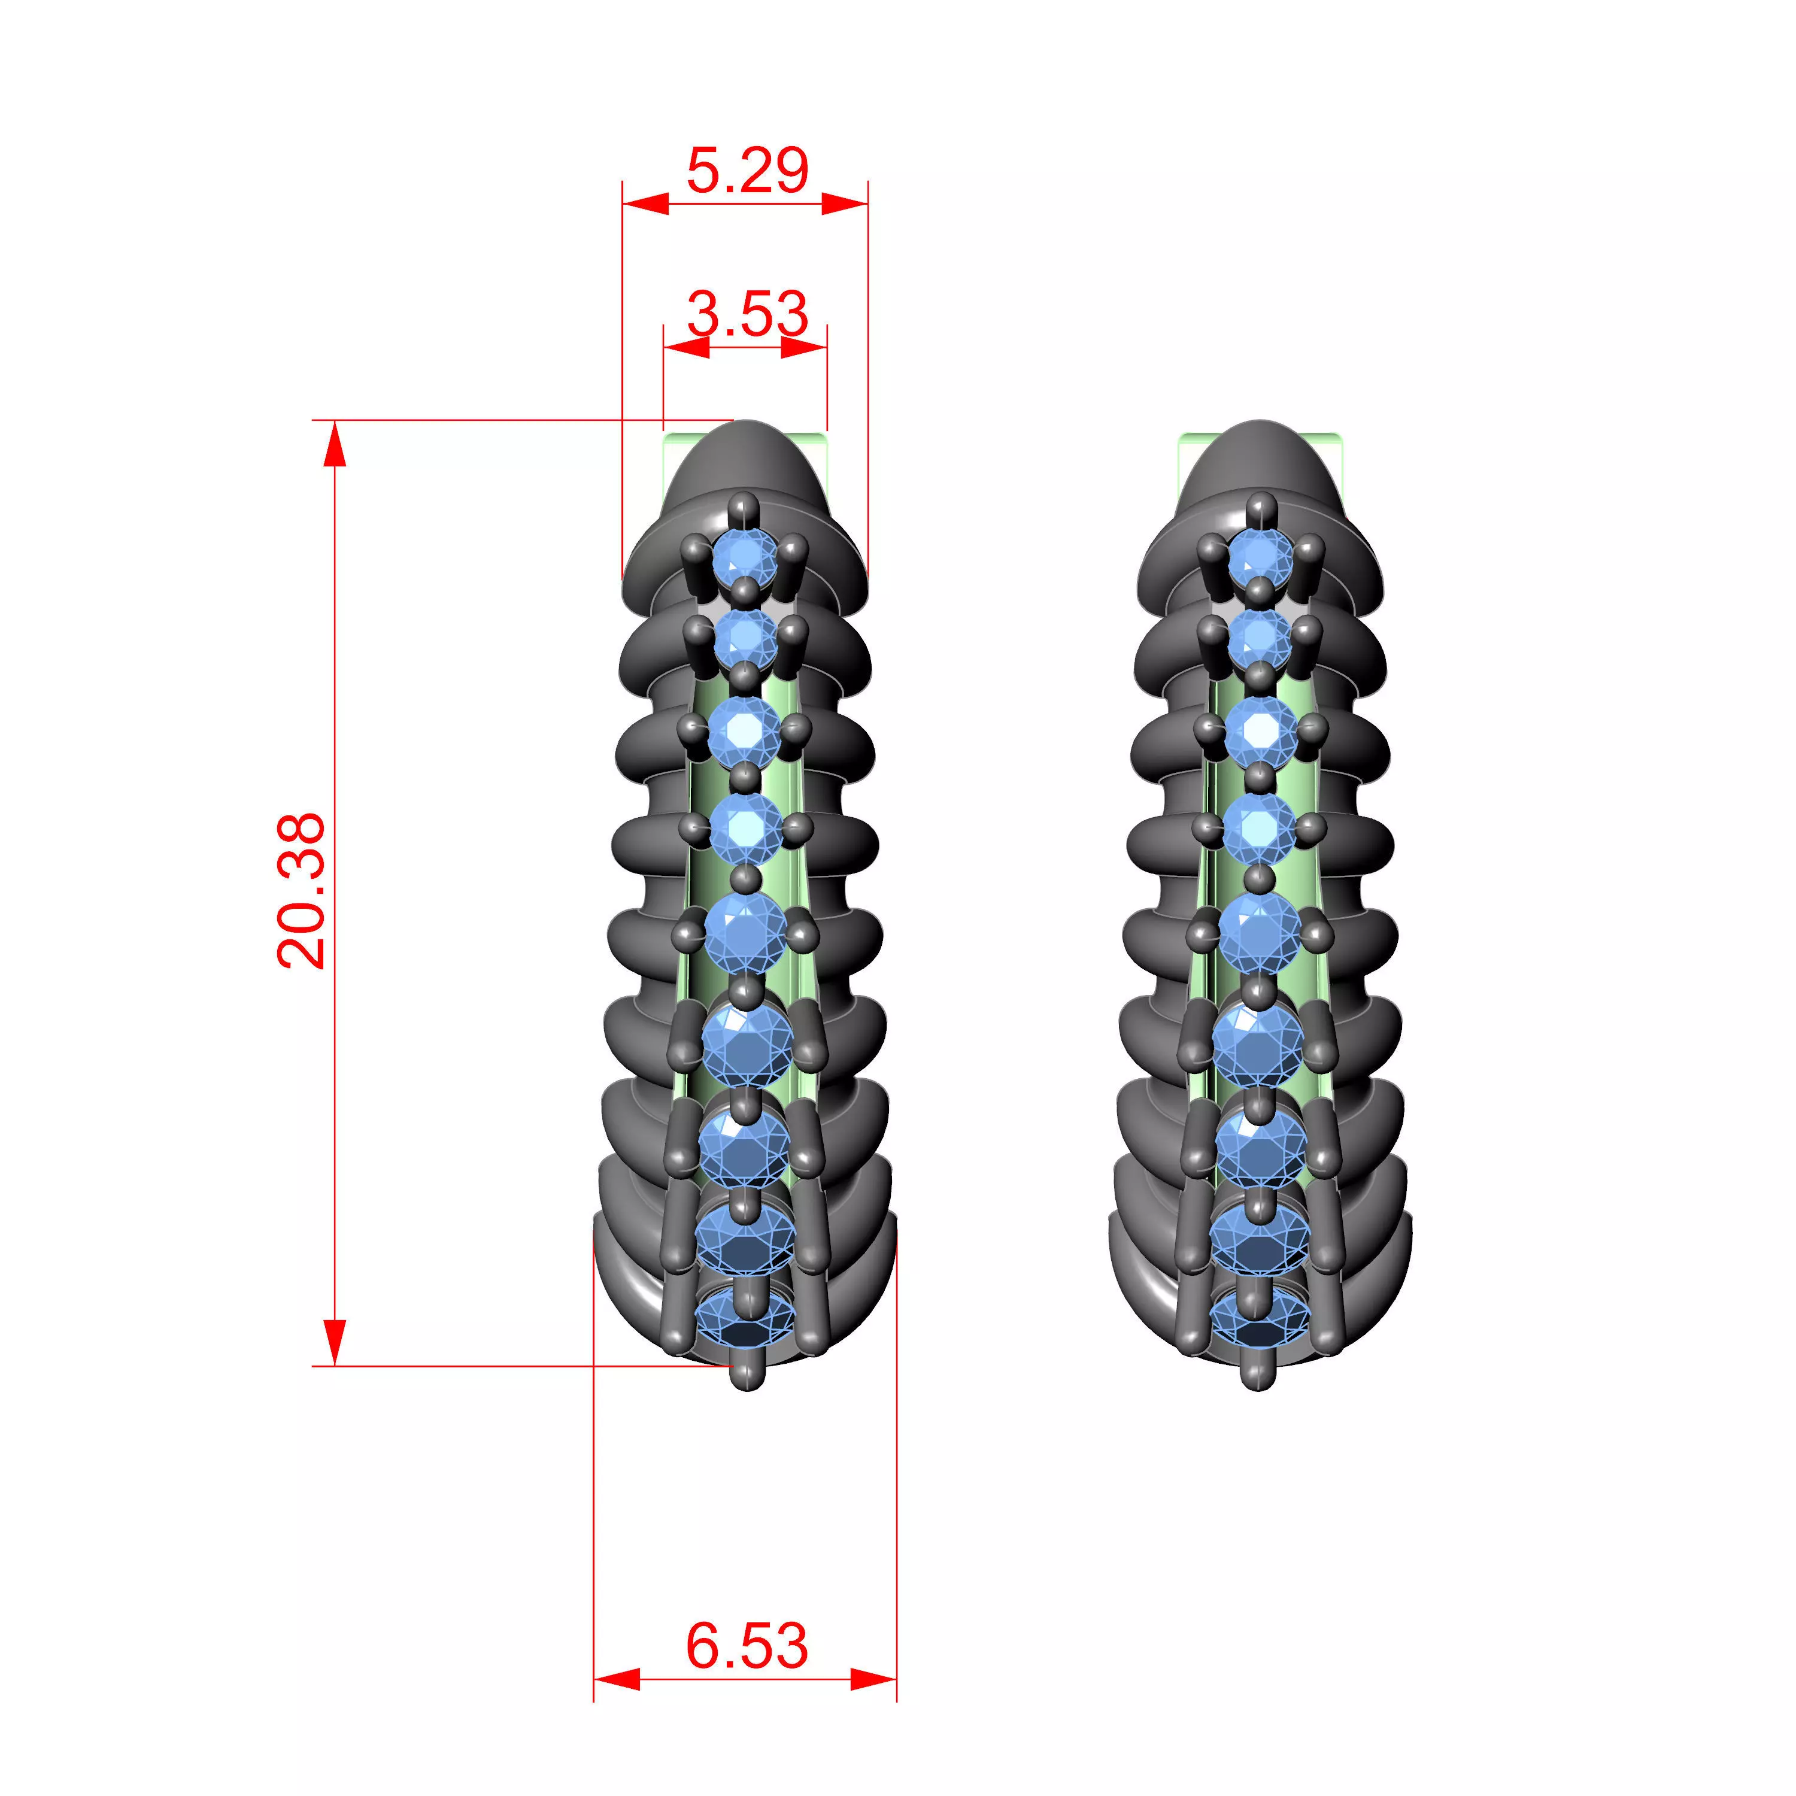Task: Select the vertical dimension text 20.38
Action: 301,891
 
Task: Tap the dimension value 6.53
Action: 747,1645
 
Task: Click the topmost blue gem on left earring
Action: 744,558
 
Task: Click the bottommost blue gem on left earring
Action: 745,1320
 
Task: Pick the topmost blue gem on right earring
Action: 1260,558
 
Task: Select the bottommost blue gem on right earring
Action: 1260,1320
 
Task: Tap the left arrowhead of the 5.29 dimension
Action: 645,204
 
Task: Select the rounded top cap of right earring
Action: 1260,456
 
